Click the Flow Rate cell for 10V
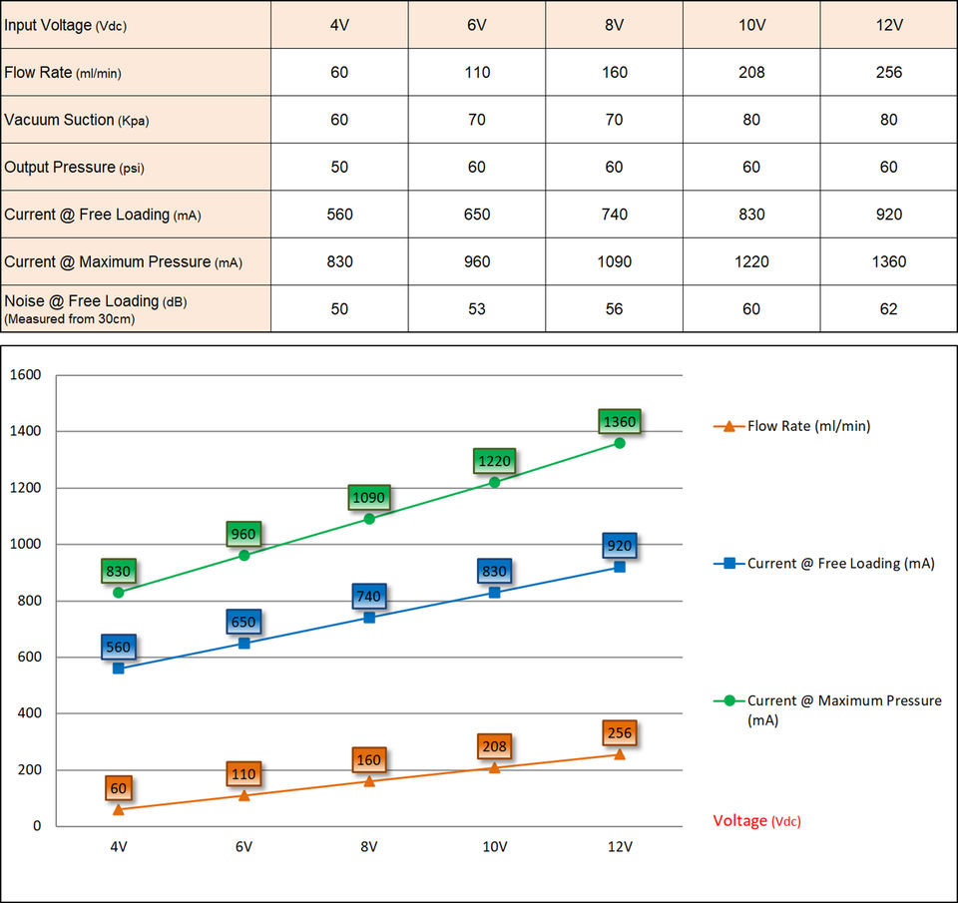point(751,72)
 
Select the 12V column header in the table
point(888,24)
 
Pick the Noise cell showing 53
point(477,309)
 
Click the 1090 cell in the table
point(614,261)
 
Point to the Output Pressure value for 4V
point(339,168)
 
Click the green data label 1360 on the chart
point(619,422)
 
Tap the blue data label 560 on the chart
point(118,647)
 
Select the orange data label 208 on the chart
point(494,746)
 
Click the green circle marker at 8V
point(369,519)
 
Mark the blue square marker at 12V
point(620,567)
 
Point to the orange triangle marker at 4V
point(119,809)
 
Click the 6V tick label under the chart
point(243,847)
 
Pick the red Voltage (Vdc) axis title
point(756,821)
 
